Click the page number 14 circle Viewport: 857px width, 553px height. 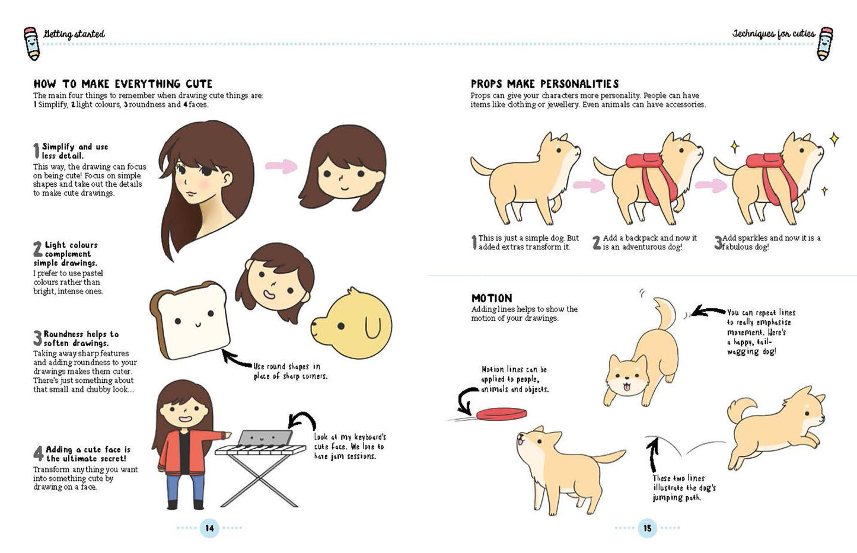tap(209, 528)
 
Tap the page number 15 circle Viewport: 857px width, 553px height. tap(647, 528)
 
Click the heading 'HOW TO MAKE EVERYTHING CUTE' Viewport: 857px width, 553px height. tap(123, 84)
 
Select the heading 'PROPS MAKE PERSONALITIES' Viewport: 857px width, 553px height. tap(544, 84)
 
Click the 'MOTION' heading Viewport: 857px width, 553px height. tap(491, 298)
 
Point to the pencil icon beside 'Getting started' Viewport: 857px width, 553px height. tap(32, 43)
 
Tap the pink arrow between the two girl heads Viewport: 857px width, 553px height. tap(281, 167)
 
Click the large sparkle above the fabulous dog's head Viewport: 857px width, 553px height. tap(834, 139)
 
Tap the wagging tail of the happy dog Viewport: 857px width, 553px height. tap(664, 314)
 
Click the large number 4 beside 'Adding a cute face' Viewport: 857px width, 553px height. tap(38, 454)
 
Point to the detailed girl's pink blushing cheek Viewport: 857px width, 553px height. tap(203, 185)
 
